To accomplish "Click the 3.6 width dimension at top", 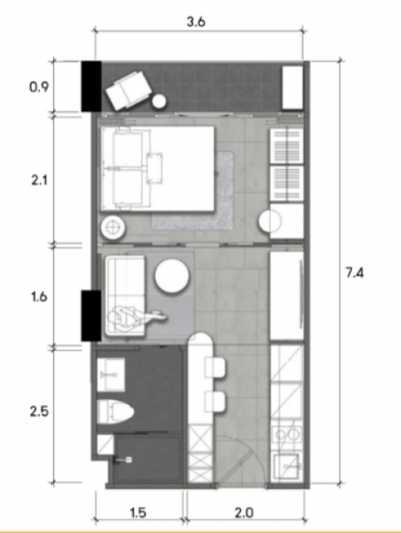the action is pos(196,22).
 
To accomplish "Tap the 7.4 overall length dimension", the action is pos(354,272).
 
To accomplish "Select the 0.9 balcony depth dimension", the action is pos(39,87).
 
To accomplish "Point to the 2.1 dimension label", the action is pos(39,180).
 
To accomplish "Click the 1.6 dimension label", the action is pos(39,297).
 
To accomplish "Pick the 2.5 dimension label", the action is pos(39,411).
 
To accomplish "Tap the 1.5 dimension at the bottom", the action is pos(138,512).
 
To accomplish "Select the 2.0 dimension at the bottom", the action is pos(244,512).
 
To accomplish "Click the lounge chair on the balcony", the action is pos(128,91).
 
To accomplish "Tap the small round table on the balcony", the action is pos(159,102).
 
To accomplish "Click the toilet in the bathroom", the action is pos(116,411).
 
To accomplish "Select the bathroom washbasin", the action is pos(111,375).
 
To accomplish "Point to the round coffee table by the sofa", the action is pos(172,276).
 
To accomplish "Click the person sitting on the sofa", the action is pos(136,316).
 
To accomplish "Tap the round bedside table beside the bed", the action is pos(113,227).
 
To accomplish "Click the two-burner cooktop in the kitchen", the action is pos(288,434).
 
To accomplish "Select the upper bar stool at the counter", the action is pos(215,367).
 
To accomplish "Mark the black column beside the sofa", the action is pos(91,316).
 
